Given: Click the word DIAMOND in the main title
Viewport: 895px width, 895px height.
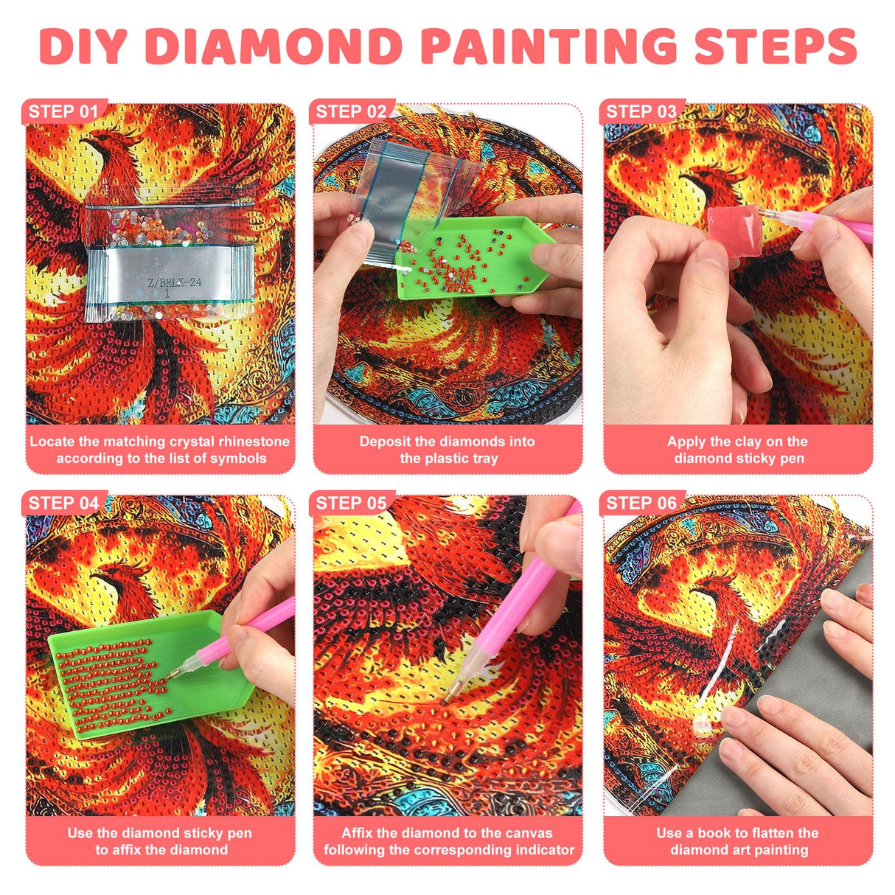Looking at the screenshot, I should click(274, 46).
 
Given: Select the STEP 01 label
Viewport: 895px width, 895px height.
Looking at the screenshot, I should click(63, 112).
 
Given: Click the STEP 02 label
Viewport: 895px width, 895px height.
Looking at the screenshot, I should click(351, 112).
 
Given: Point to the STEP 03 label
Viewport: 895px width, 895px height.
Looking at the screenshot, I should click(641, 112).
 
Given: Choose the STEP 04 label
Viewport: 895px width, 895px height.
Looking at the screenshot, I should click(63, 504).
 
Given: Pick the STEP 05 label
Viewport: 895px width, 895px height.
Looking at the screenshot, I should click(351, 504).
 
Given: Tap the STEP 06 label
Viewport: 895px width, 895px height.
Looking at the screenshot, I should click(641, 504).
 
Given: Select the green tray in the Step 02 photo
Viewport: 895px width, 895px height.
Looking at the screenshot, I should click(472, 262).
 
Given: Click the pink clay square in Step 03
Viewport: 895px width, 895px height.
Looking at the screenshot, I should click(733, 231).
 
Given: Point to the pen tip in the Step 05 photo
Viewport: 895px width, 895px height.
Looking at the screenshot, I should click(449, 697).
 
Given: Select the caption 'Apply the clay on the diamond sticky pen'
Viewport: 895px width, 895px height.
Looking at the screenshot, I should click(738, 450).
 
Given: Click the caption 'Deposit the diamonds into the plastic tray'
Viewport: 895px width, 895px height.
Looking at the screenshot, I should click(448, 450).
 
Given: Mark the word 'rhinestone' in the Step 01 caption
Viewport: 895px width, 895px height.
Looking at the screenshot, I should click(255, 442).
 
